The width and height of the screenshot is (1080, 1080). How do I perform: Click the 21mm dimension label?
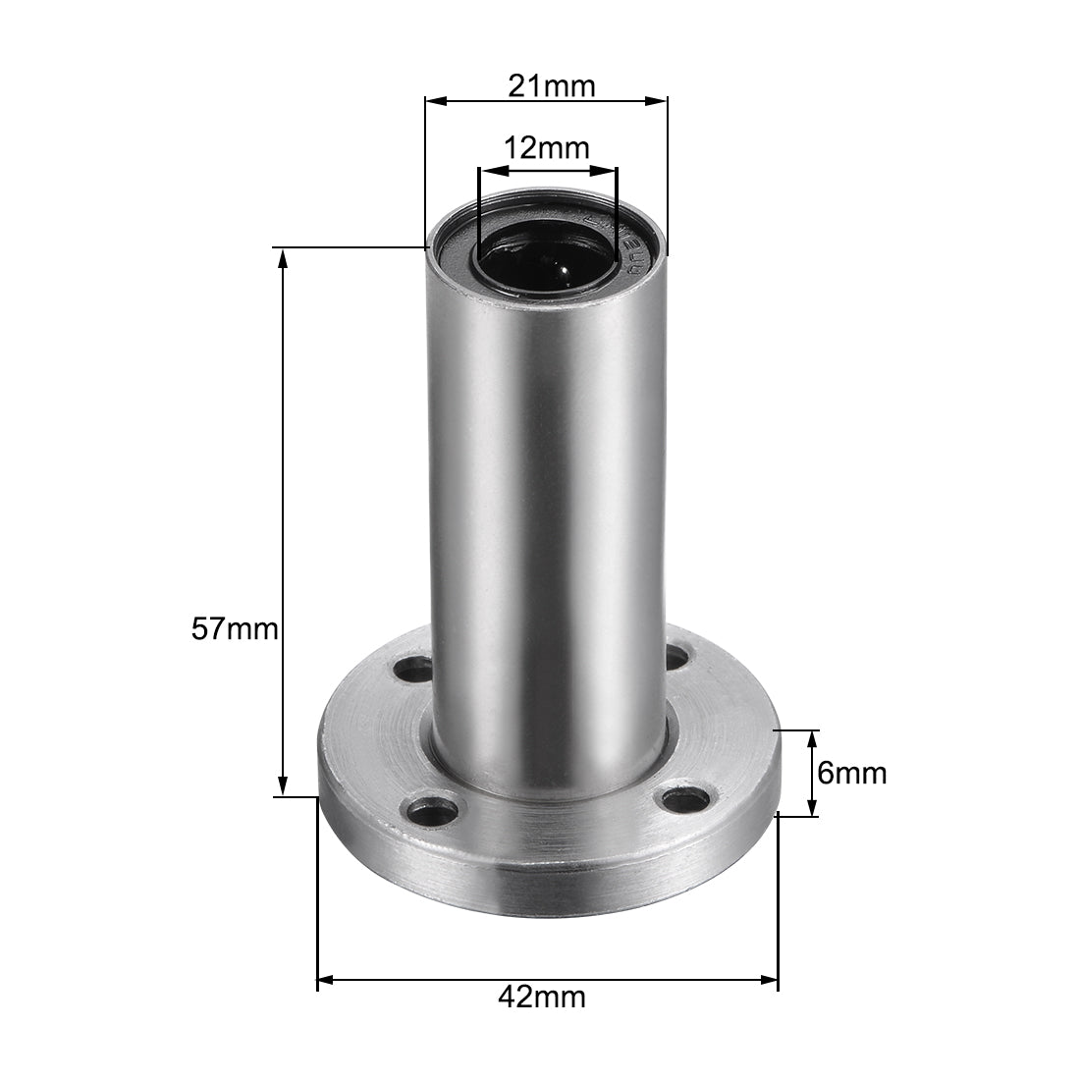[x=551, y=86]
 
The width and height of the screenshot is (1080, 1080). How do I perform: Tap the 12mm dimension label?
[x=546, y=149]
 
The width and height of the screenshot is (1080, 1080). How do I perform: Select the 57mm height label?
[x=235, y=628]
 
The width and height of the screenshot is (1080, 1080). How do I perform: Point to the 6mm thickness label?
[x=851, y=774]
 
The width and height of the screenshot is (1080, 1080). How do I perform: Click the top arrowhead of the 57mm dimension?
[x=283, y=257]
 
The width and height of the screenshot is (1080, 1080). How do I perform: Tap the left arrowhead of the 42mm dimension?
[x=328, y=979]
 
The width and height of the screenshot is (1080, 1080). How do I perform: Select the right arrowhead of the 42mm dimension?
[x=768, y=979]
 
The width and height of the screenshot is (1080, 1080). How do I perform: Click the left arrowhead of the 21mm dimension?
[x=435, y=100]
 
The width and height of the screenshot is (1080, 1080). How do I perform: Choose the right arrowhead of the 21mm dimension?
[x=657, y=100]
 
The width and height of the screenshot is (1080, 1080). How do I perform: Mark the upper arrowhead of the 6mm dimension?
[x=812, y=739]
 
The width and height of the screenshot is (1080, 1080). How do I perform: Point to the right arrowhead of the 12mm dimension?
[x=610, y=171]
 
